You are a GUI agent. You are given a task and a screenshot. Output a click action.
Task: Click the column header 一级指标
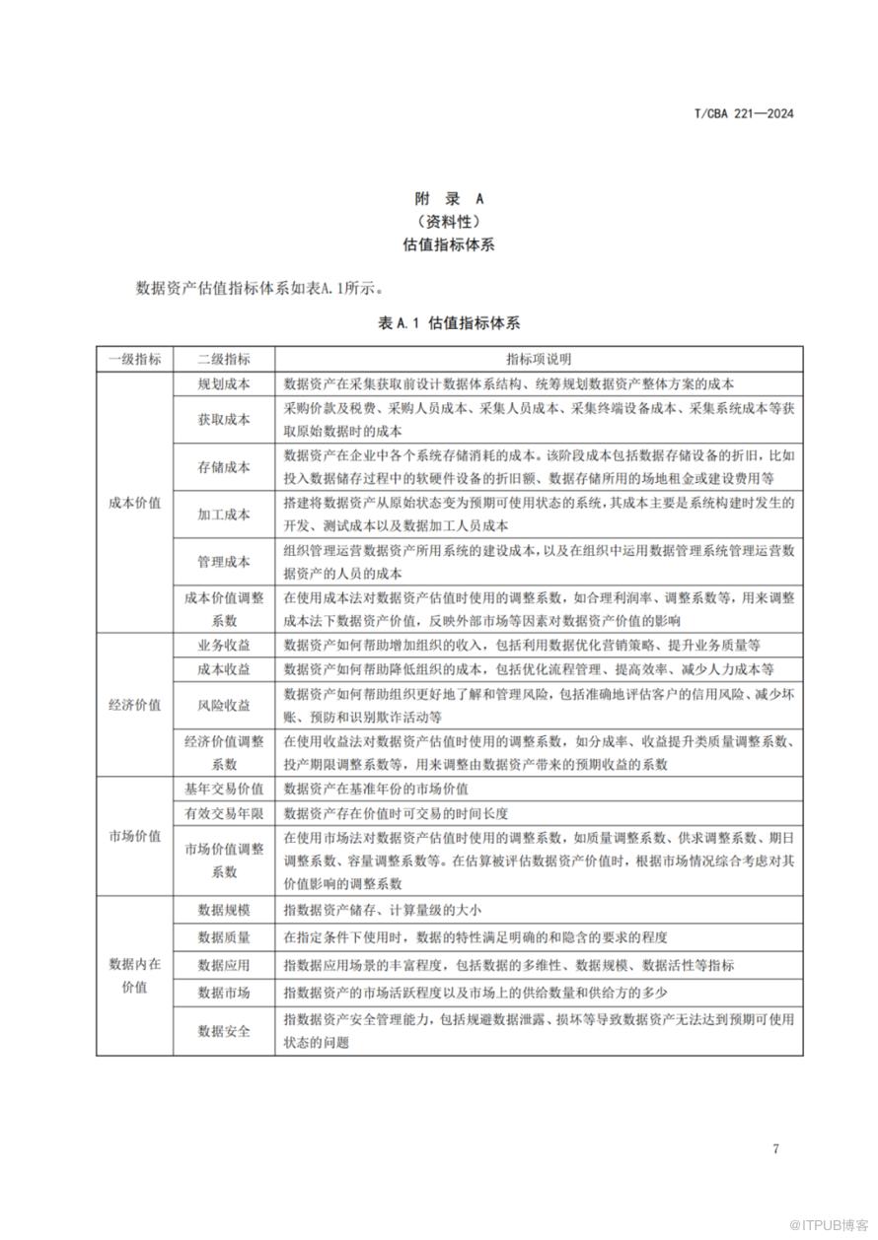click(134, 359)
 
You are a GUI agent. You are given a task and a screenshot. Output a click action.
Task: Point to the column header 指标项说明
click(539, 359)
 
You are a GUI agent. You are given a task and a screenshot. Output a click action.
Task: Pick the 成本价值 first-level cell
click(134, 502)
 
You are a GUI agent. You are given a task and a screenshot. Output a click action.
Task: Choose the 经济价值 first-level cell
click(134, 705)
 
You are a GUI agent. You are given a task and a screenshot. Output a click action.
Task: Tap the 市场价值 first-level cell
click(134, 836)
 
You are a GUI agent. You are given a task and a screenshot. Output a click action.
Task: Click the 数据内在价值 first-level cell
click(134, 975)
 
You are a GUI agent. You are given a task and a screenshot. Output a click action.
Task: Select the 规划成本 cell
click(224, 383)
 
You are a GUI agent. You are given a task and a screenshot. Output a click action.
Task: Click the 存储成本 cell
click(224, 466)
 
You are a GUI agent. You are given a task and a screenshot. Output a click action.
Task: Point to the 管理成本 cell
click(224, 562)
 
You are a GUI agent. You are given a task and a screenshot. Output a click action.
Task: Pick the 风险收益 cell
click(224, 706)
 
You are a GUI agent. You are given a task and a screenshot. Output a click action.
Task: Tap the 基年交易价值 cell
click(224, 789)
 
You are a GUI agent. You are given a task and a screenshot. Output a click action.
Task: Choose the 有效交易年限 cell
click(224, 813)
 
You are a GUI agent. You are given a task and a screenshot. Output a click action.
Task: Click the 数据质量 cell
click(224, 937)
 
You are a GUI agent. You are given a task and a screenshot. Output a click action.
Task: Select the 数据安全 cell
click(224, 1031)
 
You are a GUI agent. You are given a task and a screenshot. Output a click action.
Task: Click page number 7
click(775, 1148)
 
